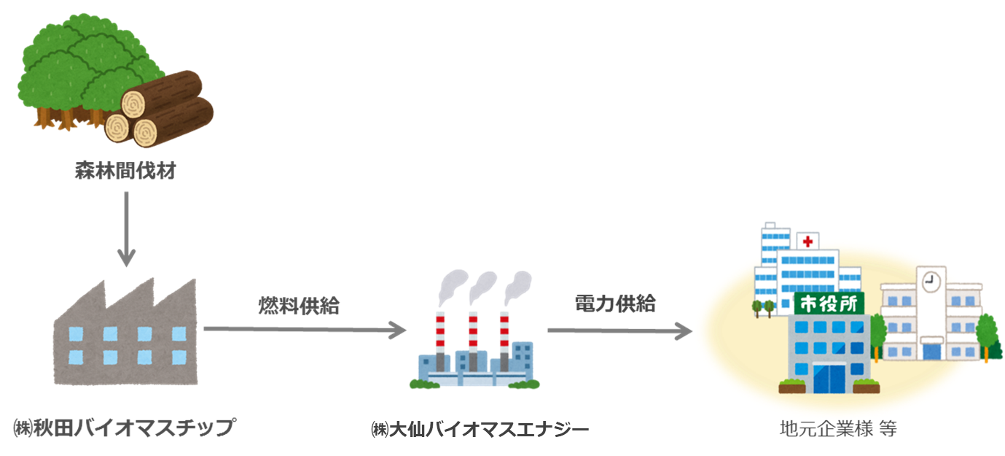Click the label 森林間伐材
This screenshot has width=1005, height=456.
(x=126, y=173)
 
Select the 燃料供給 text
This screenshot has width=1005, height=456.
(x=299, y=306)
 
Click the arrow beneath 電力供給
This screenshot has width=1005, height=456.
(x=619, y=331)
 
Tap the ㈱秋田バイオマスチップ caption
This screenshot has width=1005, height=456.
(x=125, y=427)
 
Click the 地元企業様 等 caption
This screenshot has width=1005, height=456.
(x=838, y=428)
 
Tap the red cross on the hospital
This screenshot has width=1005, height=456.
(x=807, y=241)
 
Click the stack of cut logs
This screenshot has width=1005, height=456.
(x=160, y=109)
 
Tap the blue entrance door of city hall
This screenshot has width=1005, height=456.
(x=830, y=376)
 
